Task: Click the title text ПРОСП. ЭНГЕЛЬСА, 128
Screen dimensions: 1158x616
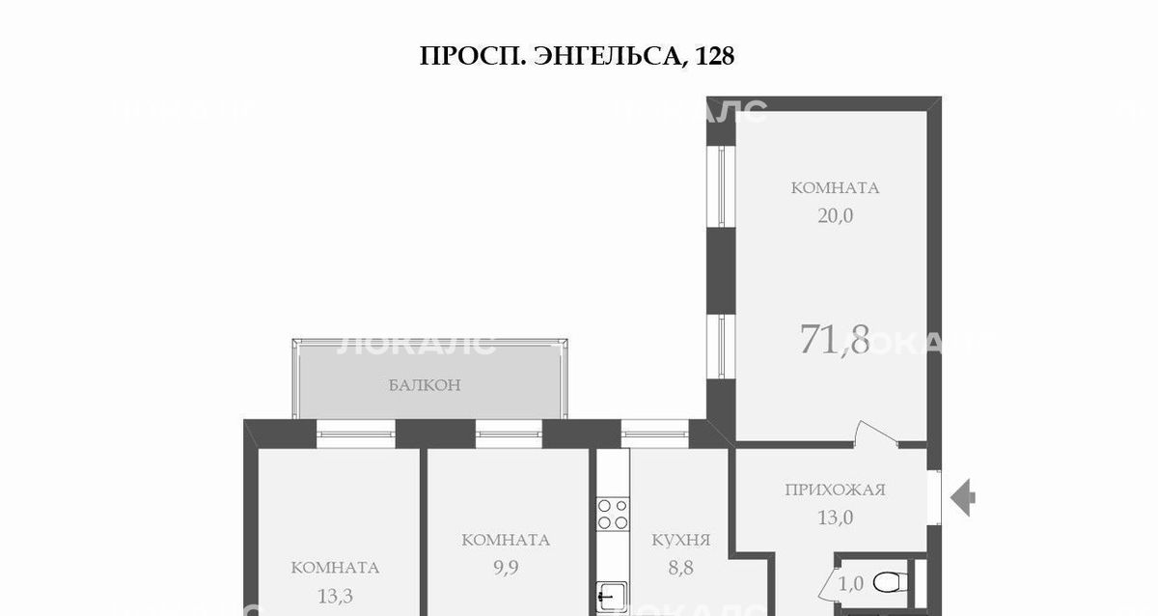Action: coord(576,56)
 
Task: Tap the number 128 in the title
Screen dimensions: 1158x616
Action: coord(715,55)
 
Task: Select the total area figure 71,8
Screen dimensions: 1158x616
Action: coord(835,339)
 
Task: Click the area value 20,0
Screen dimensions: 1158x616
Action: coord(836,215)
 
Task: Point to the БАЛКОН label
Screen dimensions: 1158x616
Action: coord(425,385)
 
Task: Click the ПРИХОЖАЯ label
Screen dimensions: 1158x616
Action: coord(836,490)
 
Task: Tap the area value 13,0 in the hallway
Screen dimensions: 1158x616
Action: coord(836,518)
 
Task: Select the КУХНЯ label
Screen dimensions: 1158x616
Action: coord(681,540)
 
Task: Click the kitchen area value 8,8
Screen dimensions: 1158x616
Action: coord(681,568)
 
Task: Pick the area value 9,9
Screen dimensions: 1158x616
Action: coord(506,568)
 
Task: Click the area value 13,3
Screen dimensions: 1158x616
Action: coord(335,597)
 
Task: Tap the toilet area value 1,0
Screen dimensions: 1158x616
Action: coord(851,584)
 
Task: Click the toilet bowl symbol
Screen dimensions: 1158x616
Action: coord(890,582)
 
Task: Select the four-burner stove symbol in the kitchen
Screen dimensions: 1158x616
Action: coord(613,514)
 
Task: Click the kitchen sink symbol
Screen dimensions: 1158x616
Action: coord(612,598)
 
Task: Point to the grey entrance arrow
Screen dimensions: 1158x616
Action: coord(963,497)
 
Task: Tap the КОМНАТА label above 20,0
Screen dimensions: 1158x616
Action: coord(835,187)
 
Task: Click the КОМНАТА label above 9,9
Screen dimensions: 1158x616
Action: coord(506,540)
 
